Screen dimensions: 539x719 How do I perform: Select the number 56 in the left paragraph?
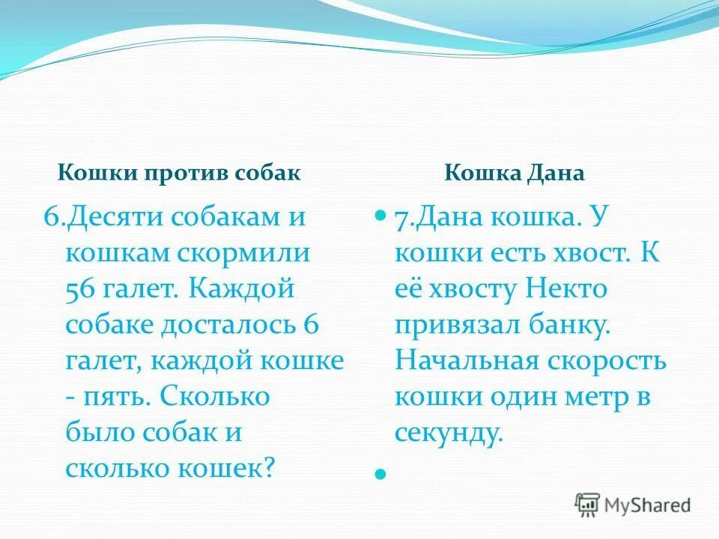click(x=82, y=289)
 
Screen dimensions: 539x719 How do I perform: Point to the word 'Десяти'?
click(x=116, y=218)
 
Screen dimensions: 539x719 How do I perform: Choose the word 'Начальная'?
click(x=467, y=360)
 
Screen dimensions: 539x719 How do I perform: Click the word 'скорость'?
click(x=607, y=360)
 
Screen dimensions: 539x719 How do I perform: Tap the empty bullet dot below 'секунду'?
click(x=380, y=474)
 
